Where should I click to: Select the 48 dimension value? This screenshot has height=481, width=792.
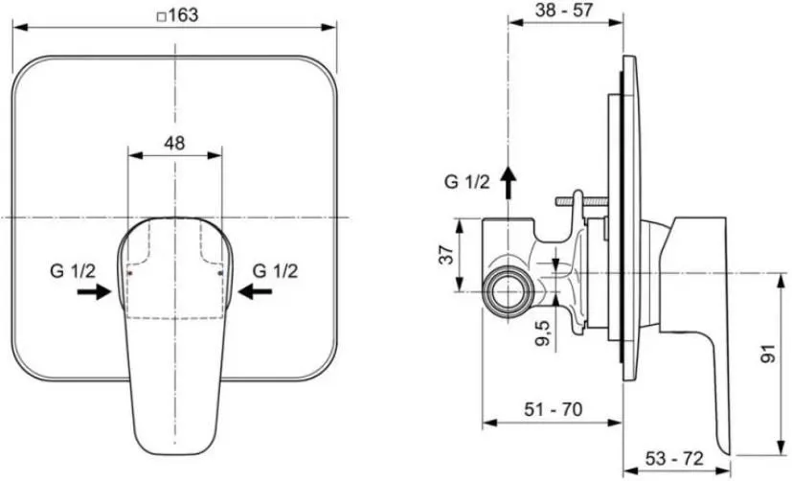click(174, 144)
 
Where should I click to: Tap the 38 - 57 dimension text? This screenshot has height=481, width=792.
click(563, 10)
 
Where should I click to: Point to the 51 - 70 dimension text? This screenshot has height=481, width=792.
click(554, 409)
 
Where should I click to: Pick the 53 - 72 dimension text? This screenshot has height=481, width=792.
click(674, 458)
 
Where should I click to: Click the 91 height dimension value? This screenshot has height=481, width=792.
click(768, 354)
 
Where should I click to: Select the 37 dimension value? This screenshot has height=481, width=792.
click(446, 255)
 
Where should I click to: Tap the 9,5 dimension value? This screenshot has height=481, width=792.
click(542, 332)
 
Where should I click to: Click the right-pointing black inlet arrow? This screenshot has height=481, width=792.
click(94, 291)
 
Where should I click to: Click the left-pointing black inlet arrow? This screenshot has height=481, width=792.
click(255, 291)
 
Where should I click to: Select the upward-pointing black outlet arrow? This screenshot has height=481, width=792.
click(509, 183)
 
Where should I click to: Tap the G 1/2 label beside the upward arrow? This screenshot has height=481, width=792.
click(467, 181)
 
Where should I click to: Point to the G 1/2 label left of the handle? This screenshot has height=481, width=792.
click(73, 271)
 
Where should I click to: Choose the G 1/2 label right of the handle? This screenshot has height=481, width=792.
click(275, 271)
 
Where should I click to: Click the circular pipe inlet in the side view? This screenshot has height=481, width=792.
click(507, 292)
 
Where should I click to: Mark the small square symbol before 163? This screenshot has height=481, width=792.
click(162, 17)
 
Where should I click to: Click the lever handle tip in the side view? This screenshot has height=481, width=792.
click(726, 449)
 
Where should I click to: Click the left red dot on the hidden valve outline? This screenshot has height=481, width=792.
click(130, 273)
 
